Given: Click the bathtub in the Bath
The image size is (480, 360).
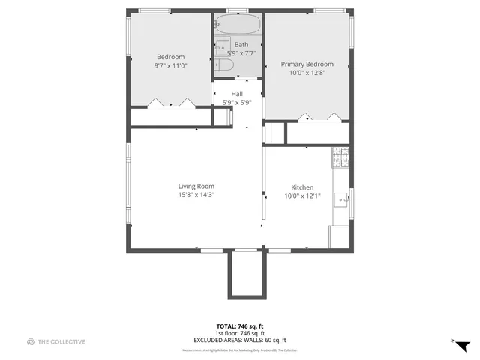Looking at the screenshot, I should coord(238,24).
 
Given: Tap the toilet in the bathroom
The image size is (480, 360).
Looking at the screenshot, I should coord(225,68).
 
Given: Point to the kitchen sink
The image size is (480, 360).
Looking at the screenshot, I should coord(341,199).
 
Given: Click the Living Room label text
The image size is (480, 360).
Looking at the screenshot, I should coord(196,187).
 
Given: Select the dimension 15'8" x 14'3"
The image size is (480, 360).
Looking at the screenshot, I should coord(196,195).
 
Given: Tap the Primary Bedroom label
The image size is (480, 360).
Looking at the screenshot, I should coord(307,64).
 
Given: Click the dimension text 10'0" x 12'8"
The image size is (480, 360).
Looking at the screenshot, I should coord(307,73).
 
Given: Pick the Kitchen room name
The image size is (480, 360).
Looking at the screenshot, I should coord(302,187).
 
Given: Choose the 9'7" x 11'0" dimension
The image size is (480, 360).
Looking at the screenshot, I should coord(170,65).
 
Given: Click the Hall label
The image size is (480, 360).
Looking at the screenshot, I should coord(237,94).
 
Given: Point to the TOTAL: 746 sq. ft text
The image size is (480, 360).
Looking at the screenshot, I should coord(240,326).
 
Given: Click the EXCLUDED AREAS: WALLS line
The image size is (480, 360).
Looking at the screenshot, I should coord(240,340).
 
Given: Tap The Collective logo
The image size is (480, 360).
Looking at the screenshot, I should coord(56,341).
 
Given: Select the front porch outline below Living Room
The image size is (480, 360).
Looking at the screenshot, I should coord(245,274).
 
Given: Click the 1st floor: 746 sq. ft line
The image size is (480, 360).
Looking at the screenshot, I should coord(240,333).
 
